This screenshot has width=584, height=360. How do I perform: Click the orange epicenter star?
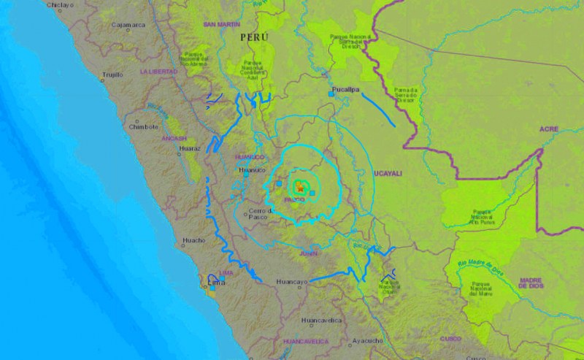click(299, 188)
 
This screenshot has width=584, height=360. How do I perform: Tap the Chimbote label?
click(143, 126)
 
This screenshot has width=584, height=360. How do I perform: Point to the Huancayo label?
click(294, 281)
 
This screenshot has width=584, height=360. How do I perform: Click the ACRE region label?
click(548, 129)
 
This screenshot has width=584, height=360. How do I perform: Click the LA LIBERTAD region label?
click(159, 71)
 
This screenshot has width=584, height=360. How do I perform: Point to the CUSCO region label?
click(451, 339)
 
